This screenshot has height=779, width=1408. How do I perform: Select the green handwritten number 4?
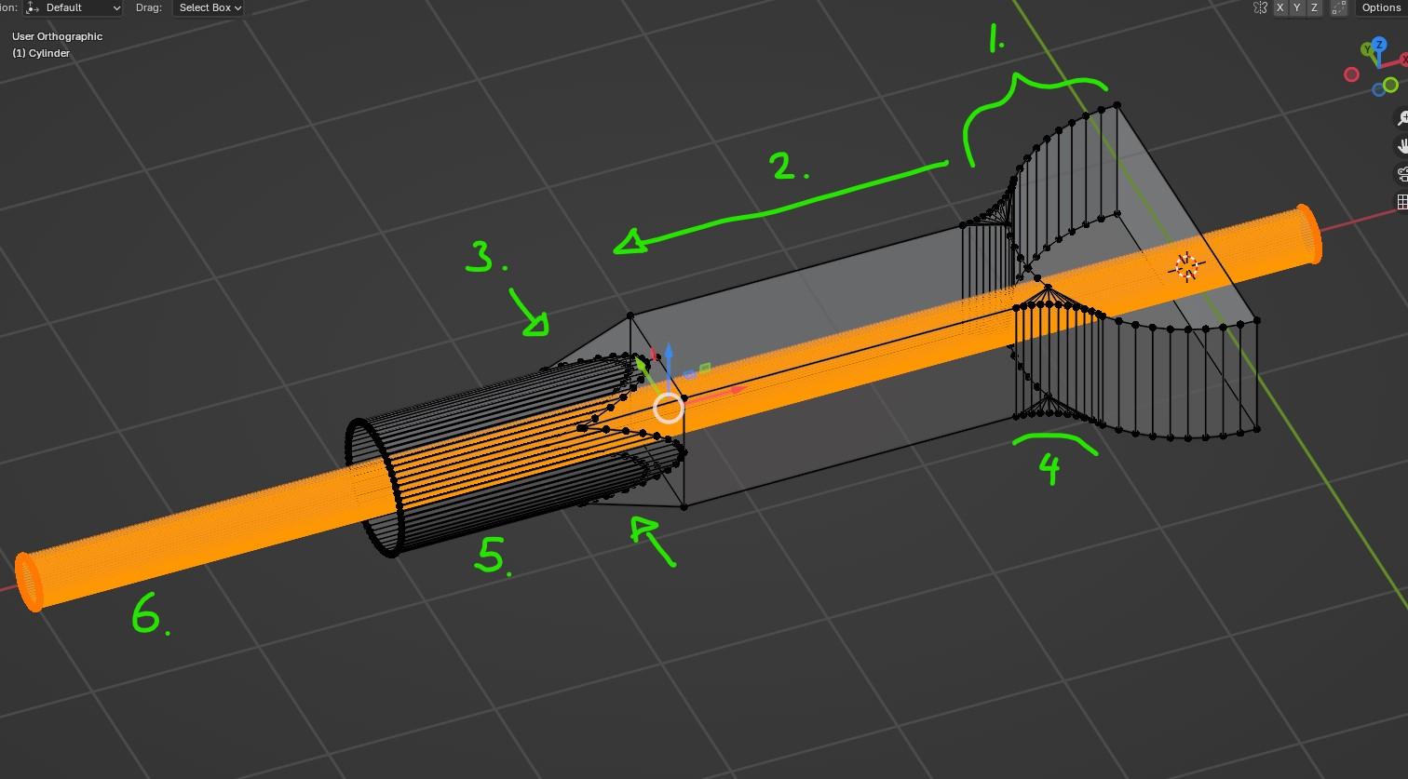coord(1049,469)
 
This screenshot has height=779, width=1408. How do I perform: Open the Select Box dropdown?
coord(210,7)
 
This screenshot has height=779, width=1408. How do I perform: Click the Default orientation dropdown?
coord(73,7)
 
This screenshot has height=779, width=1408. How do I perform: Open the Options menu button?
coord(1381,7)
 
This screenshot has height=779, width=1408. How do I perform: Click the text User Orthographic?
coord(57,36)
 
